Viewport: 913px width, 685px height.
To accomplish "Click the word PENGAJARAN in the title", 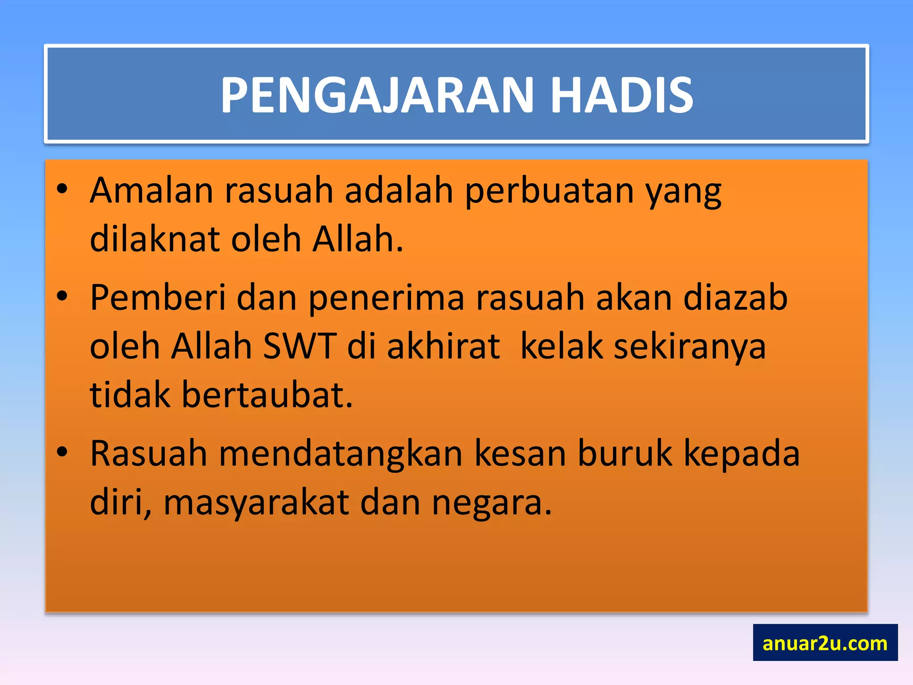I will (x=377, y=95).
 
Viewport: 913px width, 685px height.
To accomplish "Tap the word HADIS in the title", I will (x=621, y=95).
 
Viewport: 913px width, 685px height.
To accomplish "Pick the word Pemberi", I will (x=158, y=298).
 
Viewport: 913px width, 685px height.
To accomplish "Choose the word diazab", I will (x=735, y=298).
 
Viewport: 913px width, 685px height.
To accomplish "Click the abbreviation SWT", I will (x=299, y=346).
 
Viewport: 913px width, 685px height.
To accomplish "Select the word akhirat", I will (x=443, y=346).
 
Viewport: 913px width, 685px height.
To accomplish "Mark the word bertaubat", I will (x=267, y=395).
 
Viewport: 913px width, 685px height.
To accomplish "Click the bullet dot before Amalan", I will (x=62, y=189).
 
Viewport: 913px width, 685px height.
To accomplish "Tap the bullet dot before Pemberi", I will (x=62, y=296).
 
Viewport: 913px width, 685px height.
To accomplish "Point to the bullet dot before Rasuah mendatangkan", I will (x=62, y=452).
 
